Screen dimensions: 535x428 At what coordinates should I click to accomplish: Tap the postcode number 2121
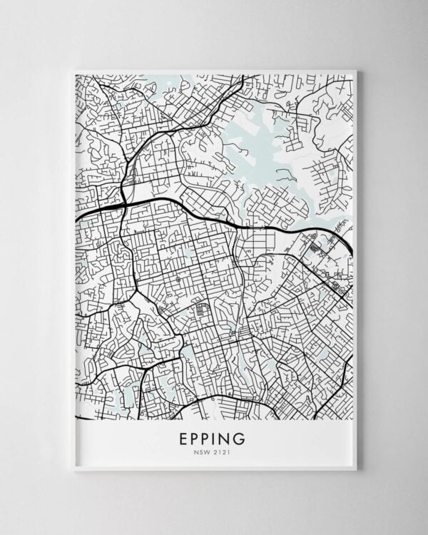[x=222, y=451]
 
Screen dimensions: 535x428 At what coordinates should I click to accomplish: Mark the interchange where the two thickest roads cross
[x=123, y=204]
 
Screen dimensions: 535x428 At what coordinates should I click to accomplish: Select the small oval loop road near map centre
[x=202, y=310]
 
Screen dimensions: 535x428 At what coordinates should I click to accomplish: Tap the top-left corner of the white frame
[x=73, y=71]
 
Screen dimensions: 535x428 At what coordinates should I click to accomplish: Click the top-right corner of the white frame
[x=357, y=71]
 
